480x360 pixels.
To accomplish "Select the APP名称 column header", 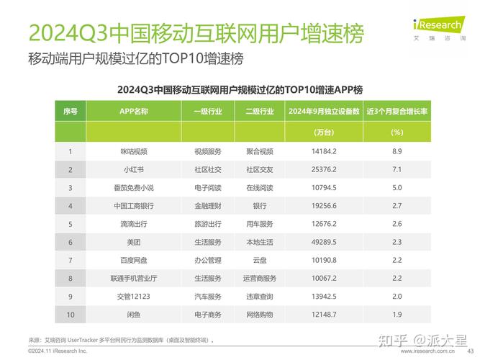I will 133,112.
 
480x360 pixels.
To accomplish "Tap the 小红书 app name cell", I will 133,170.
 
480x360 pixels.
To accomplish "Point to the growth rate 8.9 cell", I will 397,151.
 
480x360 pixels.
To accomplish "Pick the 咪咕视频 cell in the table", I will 133,151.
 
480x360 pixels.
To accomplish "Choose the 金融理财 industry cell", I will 207,206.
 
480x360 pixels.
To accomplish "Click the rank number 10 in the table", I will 71,315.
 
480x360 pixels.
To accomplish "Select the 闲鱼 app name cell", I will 133,315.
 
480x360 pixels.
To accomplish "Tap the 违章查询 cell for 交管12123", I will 260,297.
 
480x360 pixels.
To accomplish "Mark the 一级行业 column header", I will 207,112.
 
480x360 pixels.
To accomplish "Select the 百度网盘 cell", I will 133,260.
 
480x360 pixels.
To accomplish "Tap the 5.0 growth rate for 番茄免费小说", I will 397,188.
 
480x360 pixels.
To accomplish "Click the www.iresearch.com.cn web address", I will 427,351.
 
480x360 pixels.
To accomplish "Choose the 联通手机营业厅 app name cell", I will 133,278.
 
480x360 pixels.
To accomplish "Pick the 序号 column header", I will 71,112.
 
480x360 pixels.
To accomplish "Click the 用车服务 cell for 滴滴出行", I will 260,224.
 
